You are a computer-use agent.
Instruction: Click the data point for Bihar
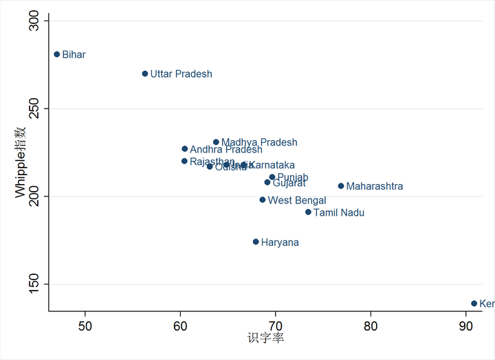[x=57, y=54]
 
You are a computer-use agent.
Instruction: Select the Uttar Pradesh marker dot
[x=145, y=74]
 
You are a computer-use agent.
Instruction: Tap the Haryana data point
[x=256, y=242]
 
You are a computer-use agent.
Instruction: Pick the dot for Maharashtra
[x=341, y=186]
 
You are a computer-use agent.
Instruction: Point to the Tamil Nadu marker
[x=309, y=212]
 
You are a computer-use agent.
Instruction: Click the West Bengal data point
[x=263, y=200]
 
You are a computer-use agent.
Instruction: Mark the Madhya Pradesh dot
[x=216, y=142]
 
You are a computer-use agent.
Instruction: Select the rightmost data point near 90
[x=474, y=304]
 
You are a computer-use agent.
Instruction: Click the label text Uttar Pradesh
[x=181, y=74]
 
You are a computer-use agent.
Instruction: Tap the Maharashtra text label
[x=375, y=187]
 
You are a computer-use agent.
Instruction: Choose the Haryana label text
[x=280, y=243]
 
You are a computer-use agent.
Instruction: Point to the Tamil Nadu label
[x=339, y=213]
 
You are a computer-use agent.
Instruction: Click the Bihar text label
[x=74, y=55]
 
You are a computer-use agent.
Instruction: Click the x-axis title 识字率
[x=265, y=339]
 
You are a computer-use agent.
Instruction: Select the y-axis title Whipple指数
[x=21, y=161]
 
